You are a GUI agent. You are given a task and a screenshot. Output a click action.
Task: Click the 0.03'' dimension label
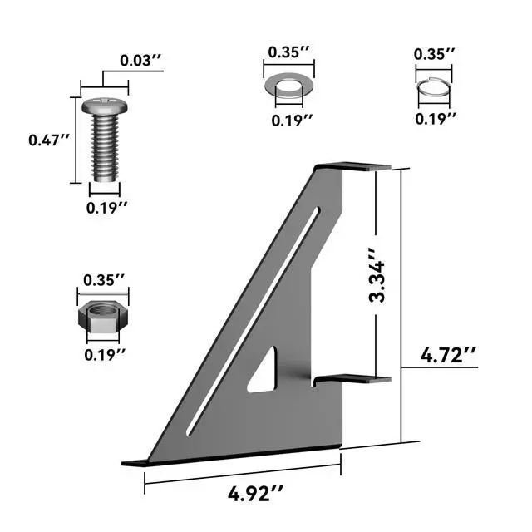point(140,61)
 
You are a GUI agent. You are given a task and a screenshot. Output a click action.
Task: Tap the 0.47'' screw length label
point(49,140)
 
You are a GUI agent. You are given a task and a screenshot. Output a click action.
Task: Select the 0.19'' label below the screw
point(107,208)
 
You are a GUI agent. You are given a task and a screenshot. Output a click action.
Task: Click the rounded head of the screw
point(105,106)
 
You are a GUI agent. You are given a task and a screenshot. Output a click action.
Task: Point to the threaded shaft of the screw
point(105,148)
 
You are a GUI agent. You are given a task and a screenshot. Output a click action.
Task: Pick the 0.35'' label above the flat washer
point(288,52)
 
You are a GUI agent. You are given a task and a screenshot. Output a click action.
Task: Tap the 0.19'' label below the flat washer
point(292,121)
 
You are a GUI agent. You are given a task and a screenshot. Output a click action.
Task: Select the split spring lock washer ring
point(434,88)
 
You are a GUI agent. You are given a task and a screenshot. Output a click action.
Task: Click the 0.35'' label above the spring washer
point(434,53)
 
